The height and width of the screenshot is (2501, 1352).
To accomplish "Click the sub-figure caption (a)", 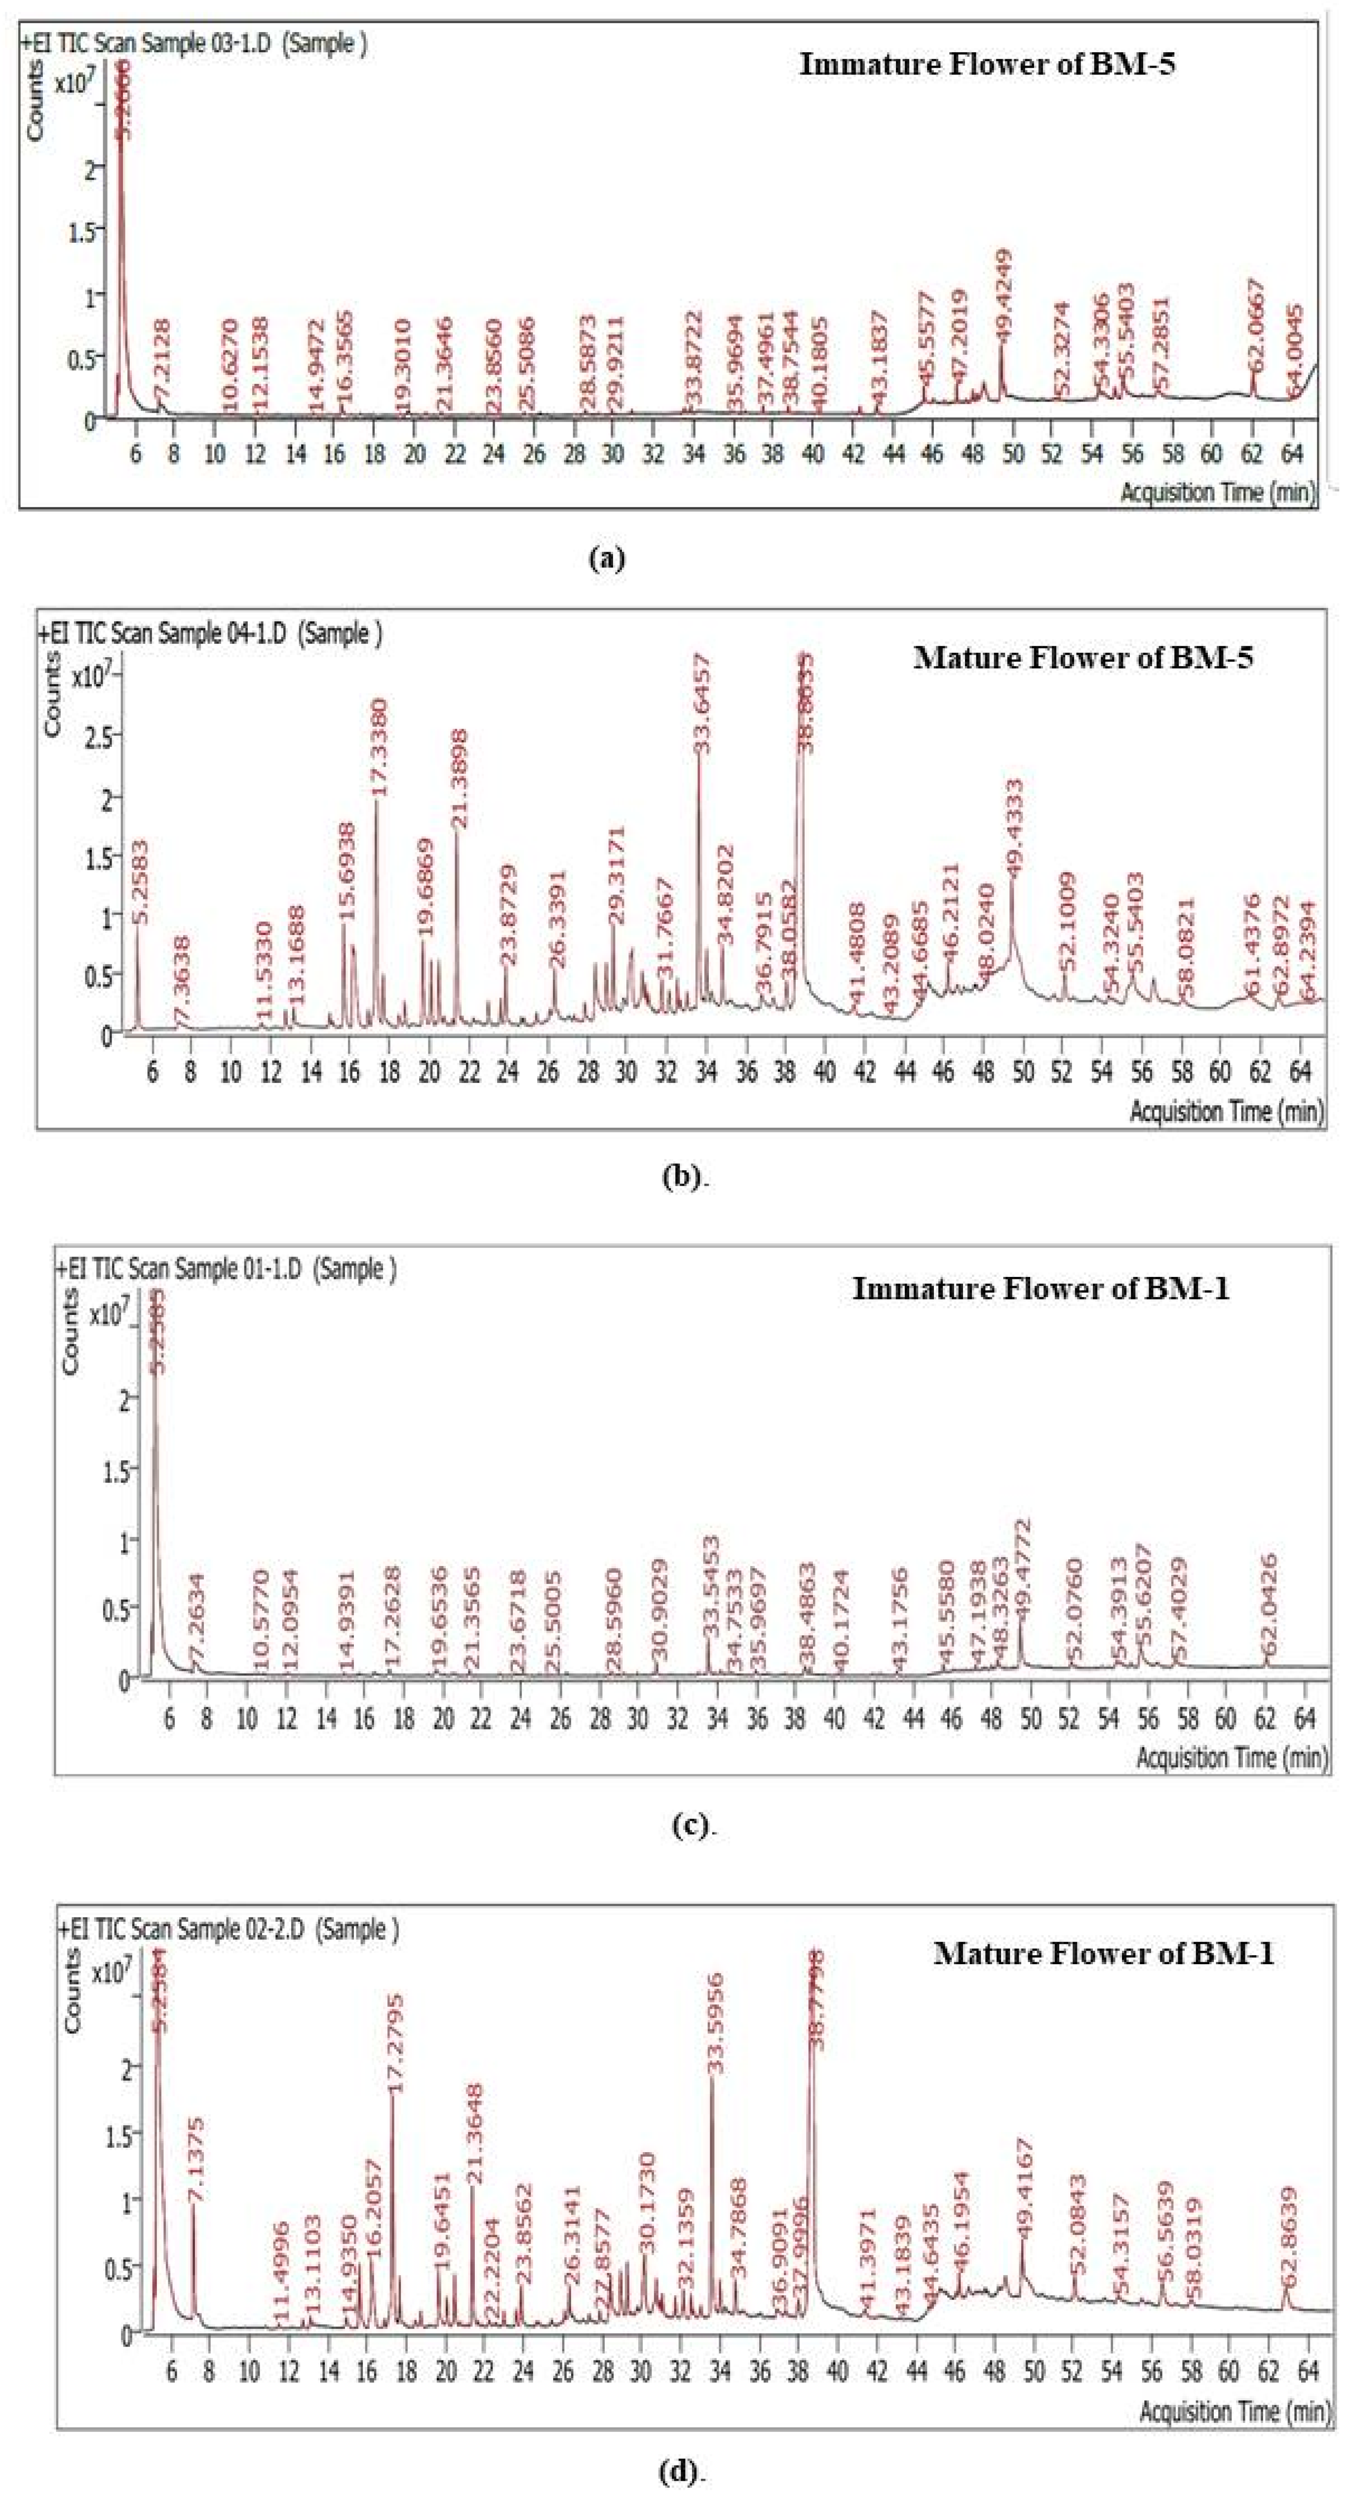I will click(x=608, y=558).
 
